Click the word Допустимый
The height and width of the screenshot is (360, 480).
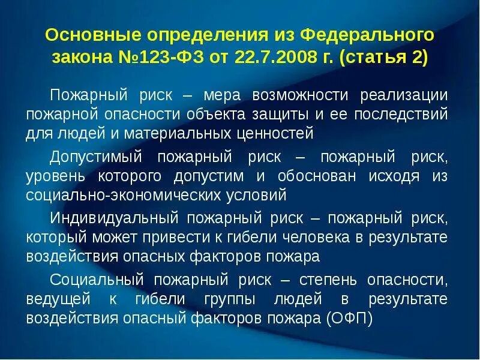coord(95,157)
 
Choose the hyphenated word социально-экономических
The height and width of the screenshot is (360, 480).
coord(124,195)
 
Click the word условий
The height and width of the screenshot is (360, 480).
coord(259,195)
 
